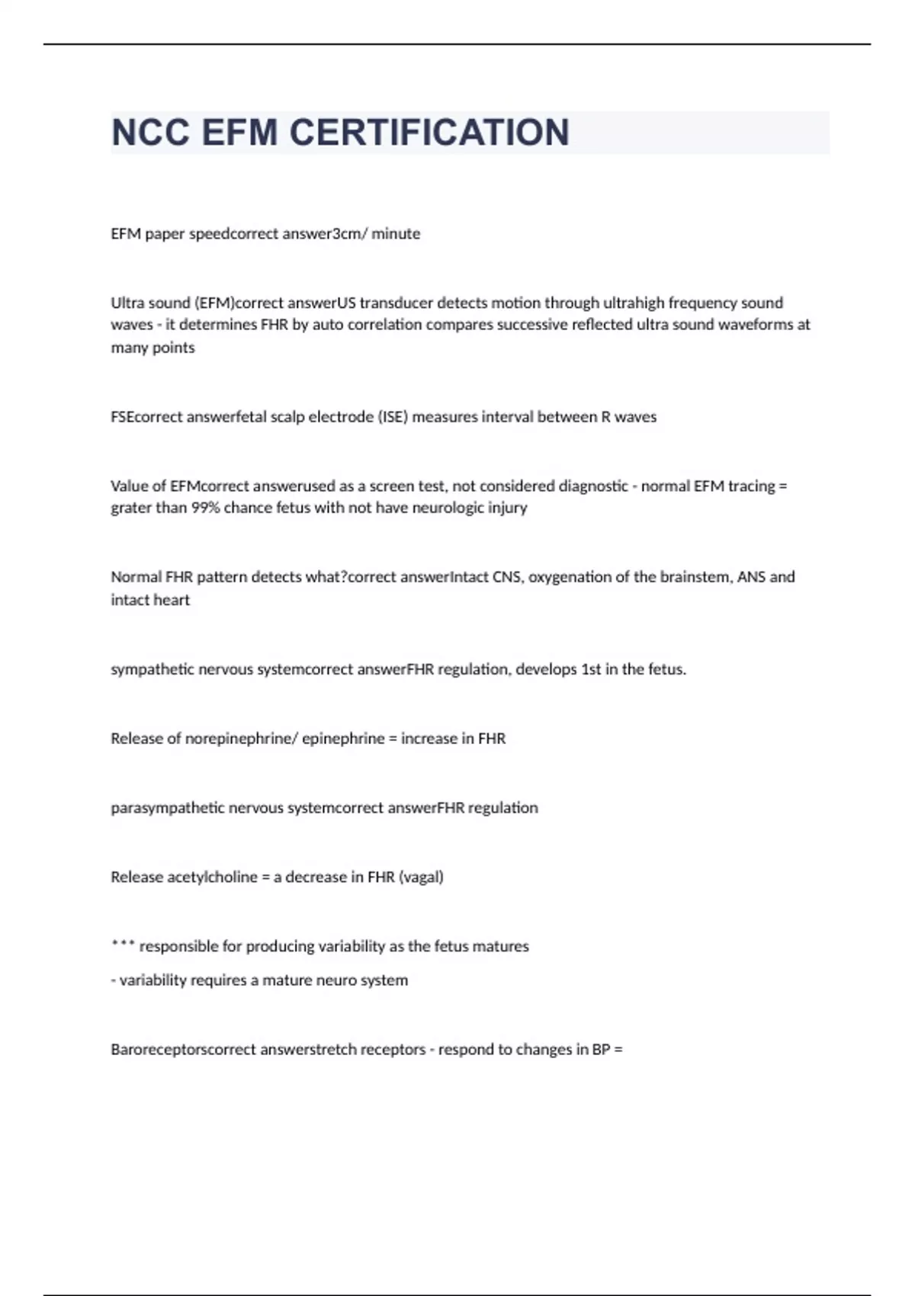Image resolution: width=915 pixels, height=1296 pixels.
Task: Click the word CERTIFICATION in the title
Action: (x=429, y=133)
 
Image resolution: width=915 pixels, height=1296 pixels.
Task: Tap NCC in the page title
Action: (x=150, y=133)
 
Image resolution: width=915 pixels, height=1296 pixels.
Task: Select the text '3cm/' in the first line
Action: (x=350, y=234)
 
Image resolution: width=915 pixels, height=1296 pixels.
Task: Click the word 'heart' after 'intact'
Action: (x=171, y=600)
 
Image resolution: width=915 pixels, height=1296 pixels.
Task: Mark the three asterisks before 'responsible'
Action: (x=123, y=945)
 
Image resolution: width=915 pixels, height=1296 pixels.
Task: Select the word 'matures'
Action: (x=500, y=947)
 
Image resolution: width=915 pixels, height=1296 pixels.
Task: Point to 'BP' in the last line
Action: (x=601, y=1050)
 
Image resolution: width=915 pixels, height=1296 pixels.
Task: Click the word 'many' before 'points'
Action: (x=128, y=348)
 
